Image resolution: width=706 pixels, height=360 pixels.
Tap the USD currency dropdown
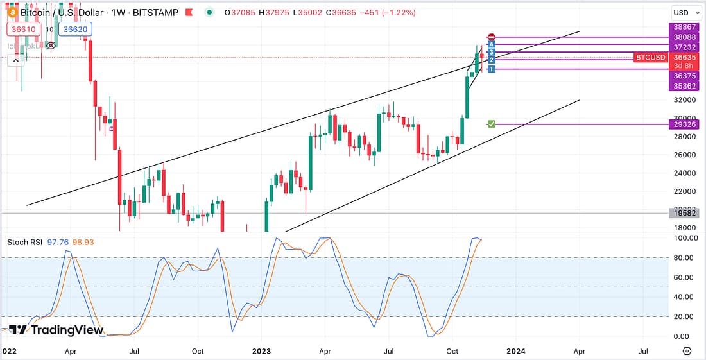pos(684,12)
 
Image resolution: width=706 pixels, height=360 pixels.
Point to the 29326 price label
pos(685,124)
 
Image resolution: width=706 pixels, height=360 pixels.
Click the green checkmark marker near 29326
pos(491,123)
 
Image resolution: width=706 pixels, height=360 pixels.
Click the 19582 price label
pos(685,212)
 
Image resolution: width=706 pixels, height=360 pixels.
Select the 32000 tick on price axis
pos(685,100)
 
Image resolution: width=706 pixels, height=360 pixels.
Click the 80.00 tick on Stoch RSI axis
pos(685,258)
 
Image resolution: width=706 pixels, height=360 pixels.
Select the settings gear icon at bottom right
pos(687,351)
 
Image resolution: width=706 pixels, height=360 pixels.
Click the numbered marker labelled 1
pos(491,69)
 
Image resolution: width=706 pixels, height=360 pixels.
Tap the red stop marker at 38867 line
pos(491,37)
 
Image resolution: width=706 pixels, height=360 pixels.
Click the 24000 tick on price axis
pos(685,173)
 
